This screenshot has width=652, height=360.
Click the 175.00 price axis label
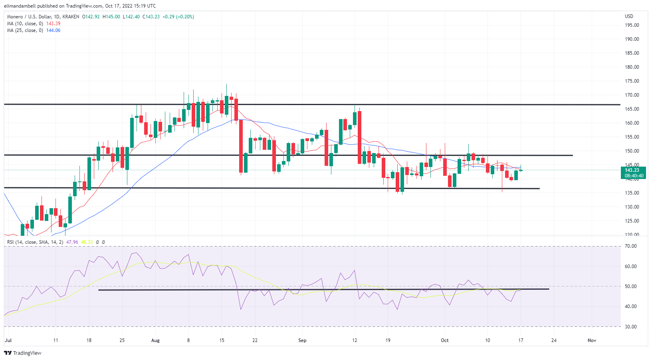point(632,81)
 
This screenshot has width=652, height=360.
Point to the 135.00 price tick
point(632,193)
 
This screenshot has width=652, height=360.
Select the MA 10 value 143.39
point(53,24)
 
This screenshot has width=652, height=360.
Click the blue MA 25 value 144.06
point(53,30)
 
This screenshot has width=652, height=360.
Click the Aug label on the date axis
point(155,340)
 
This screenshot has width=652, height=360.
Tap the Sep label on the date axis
point(302,340)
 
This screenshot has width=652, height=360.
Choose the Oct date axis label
point(444,340)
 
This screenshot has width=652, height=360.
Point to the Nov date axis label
point(592,340)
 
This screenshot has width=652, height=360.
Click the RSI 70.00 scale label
point(631,246)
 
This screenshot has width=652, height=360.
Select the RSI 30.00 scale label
point(631,327)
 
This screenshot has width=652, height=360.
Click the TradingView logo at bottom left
point(23,353)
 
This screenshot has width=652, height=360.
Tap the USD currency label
point(629,16)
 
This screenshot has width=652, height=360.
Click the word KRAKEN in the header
point(71,17)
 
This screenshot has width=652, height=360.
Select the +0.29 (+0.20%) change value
point(178,17)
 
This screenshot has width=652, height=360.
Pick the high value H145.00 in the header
point(111,17)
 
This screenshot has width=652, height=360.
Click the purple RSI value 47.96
point(72,242)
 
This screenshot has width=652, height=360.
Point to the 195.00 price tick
point(632,25)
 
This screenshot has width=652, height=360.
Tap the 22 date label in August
point(255,340)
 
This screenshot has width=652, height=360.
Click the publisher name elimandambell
point(20,6)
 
